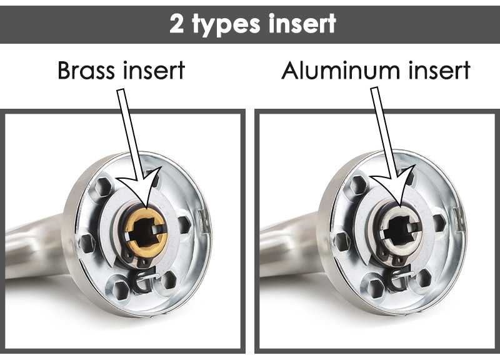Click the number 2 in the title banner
(177, 24)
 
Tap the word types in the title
(226, 25)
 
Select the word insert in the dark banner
(302, 23)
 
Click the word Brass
(86, 70)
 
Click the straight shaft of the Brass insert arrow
(129, 134)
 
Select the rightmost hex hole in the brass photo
(184, 224)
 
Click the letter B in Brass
(64, 71)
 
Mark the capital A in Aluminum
(291, 71)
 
